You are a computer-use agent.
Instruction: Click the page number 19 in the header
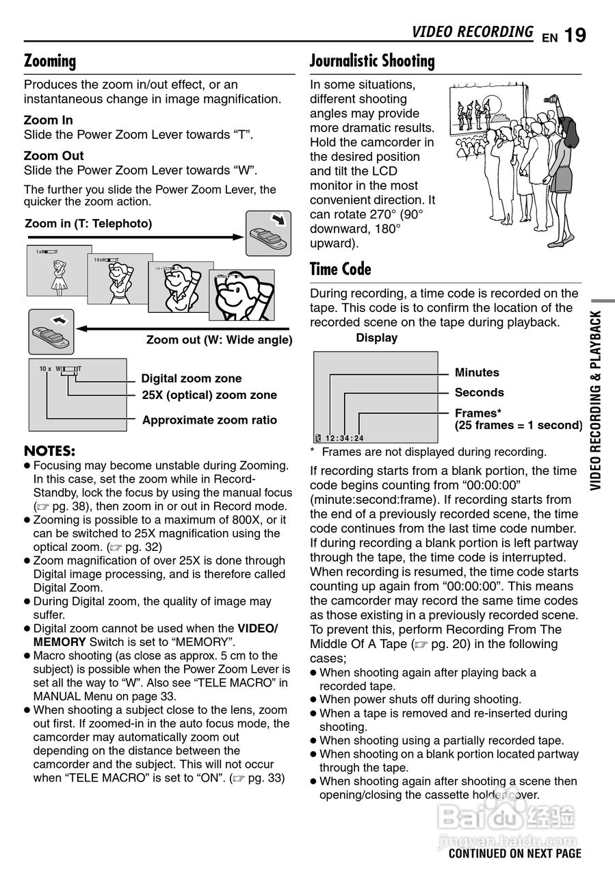click(x=575, y=35)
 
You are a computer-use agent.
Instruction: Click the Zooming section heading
click(x=50, y=61)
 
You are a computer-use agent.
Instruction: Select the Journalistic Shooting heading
click(x=372, y=61)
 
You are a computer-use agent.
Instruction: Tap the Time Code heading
click(x=341, y=269)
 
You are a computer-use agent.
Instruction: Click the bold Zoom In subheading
click(x=48, y=120)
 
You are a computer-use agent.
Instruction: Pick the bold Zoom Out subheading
click(x=53, y=156)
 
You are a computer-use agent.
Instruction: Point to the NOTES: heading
click(x=49, y=451)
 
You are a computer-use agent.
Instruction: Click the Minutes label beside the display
click(x=477, y=373)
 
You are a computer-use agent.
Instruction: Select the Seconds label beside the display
click(x=479, y=393)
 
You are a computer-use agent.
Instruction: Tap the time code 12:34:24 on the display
click(x=344, y=439)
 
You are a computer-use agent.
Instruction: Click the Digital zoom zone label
click(x=191, y=378)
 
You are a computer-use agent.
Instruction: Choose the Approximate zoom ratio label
click(x=209, y=420)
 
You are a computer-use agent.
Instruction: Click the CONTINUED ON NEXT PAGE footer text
click(x=514, y=853)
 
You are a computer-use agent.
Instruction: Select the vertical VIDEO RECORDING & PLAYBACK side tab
click(x=597, y=400)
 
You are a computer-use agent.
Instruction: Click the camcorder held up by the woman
click(x=549, y=100)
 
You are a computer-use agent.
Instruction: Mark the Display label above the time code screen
click(x=376, y=338)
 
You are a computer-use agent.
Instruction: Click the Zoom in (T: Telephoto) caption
click(x=88, y=224)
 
